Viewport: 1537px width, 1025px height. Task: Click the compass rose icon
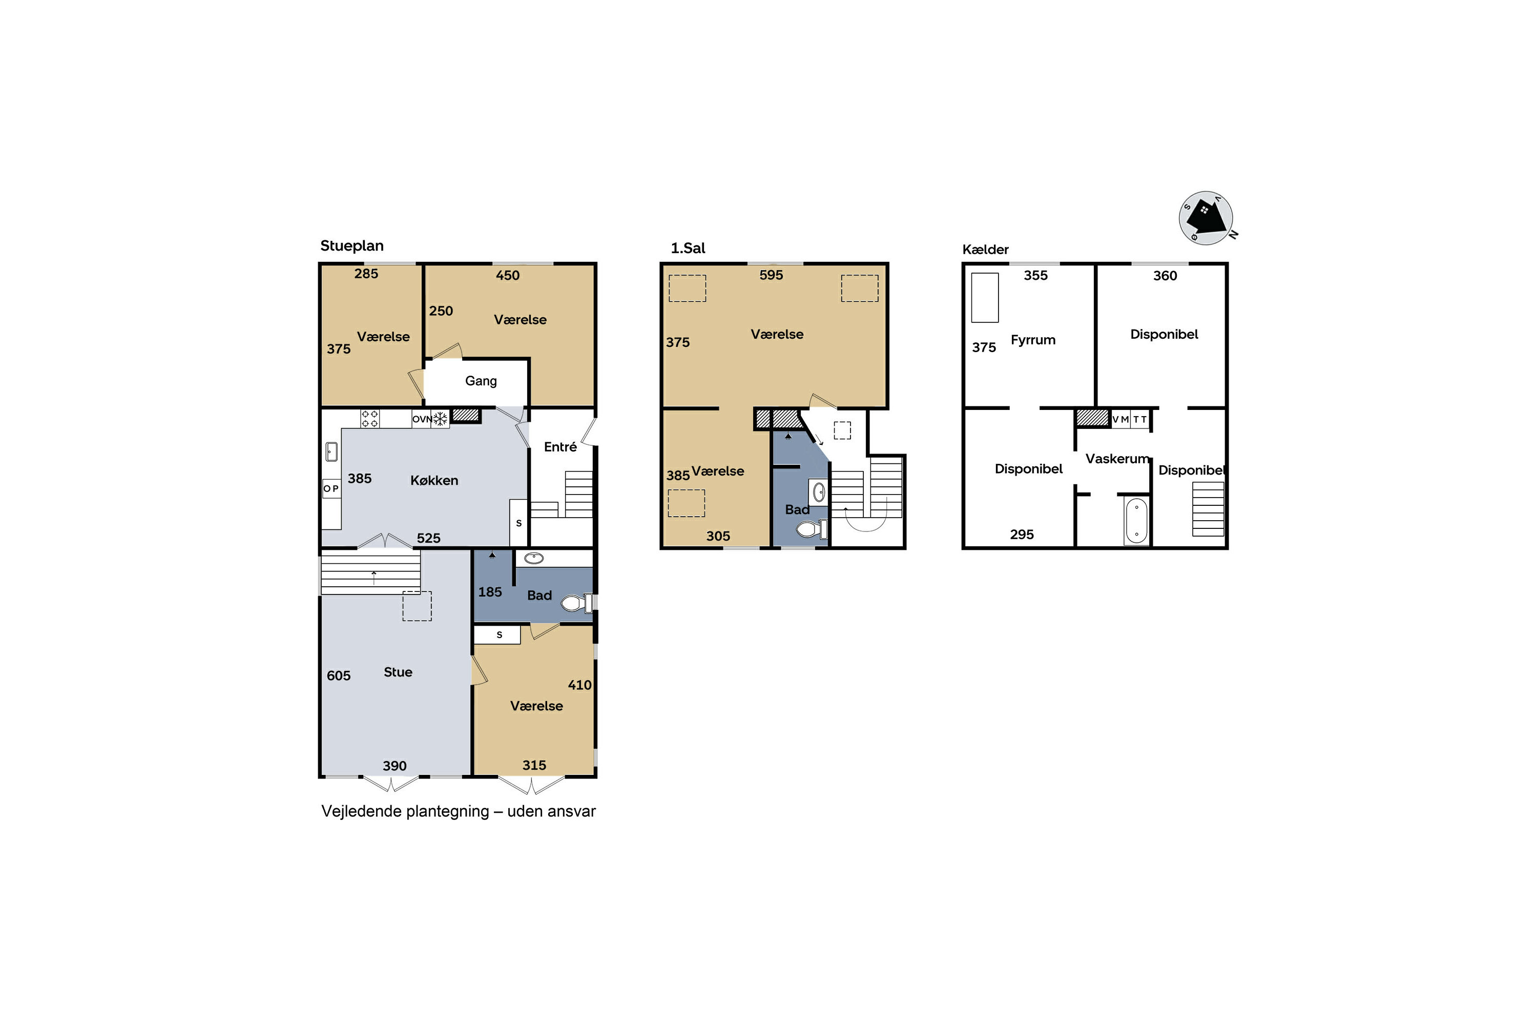[1207, 218]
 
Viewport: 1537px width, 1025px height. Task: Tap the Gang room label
[481, 381]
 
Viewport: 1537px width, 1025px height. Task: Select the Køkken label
[434, 481]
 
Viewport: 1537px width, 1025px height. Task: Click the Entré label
[560, 446]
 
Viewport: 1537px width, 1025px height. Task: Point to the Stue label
[398, 672]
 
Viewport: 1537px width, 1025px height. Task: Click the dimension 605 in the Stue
[339, 675]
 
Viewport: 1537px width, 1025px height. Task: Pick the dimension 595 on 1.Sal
[771, 275]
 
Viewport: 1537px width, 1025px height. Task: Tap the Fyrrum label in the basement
[1032, 340]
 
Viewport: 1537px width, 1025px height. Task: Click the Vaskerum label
[1117, 459]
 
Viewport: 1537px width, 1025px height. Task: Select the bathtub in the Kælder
[1136, 520]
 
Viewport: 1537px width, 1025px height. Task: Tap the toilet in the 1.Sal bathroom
[812, 529]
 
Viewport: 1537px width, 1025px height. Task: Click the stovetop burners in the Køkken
[369, 418]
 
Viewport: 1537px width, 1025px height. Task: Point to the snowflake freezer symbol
[441, 418]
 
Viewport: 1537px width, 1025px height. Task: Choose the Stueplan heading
[351, 246]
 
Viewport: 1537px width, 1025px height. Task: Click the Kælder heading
[985, 249]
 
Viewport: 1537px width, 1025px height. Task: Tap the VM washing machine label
[1120, 420]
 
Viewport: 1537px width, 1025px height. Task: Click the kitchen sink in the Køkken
[331, 452]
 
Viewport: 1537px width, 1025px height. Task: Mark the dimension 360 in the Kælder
[1165, 276]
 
